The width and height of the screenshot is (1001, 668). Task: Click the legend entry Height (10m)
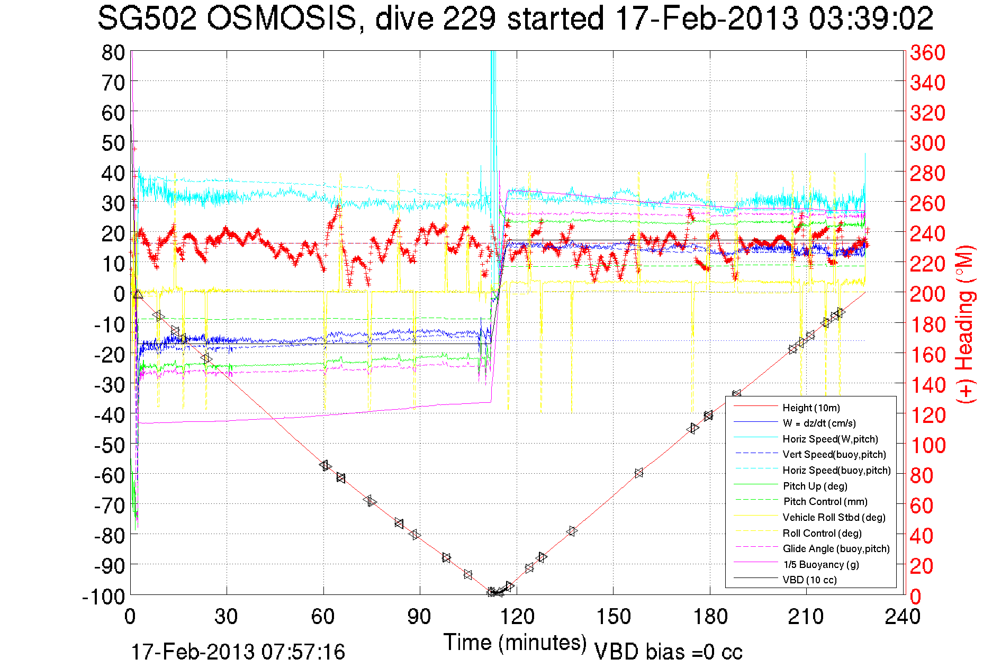[x=811, y=408]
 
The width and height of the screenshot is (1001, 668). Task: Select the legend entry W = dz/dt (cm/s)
[x=819, y=423]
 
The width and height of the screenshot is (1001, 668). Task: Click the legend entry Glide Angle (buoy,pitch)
[x=836, y=548]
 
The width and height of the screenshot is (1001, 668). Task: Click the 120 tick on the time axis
[x=517, y=617]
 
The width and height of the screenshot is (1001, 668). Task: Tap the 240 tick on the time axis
[x=902, y=617]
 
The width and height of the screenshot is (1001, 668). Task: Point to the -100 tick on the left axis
[x=103, y=597]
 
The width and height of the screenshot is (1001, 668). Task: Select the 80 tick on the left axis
[x=113, y=52]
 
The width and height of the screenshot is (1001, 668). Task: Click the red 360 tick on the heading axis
[x=927, y=52]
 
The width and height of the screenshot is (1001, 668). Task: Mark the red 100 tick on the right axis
[x=927, y=445]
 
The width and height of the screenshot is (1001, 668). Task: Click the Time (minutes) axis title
[x=515, y=643]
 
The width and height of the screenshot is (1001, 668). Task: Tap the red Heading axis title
[x=965, y=324]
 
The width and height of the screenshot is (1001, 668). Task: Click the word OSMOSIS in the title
[x=281, y=19]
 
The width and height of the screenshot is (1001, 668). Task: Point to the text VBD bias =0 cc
[x=668, y=652]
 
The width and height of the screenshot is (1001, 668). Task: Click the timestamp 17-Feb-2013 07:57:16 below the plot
[x=238, y=652]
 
